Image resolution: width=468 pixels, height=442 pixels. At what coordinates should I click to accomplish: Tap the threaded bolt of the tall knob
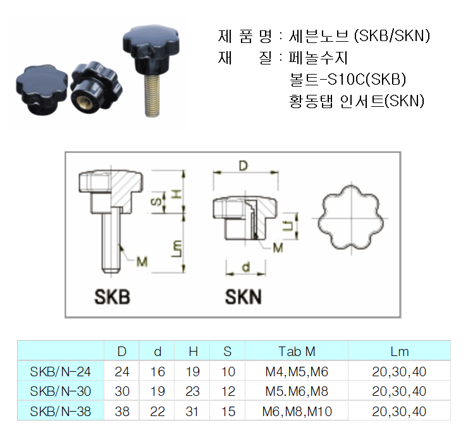(x=152, y=95)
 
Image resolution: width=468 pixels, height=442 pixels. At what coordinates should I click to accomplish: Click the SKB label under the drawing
(x=112, y=297)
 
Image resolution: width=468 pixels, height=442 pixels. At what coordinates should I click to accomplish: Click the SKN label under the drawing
(x=243, y=297)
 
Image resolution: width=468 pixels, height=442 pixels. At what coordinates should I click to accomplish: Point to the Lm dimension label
(x=176, y=249)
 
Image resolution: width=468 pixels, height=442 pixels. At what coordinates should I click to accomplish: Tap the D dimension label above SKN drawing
(x=243, y=165)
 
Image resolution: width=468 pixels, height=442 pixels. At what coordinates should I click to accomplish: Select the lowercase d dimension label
(x=246, y=267)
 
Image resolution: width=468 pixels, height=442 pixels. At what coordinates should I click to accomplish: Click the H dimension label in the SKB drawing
(x=176, y=195)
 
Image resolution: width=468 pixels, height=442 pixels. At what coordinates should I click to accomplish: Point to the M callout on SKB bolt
(x=142, y=262)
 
